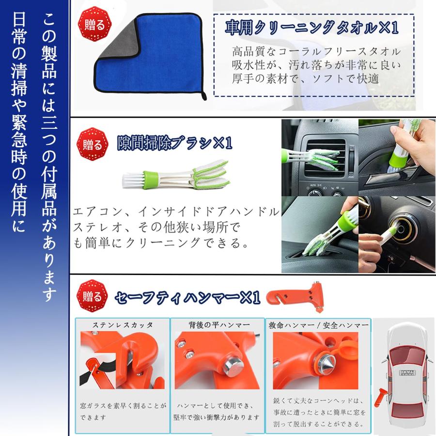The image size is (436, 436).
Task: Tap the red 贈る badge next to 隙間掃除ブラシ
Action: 92,144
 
